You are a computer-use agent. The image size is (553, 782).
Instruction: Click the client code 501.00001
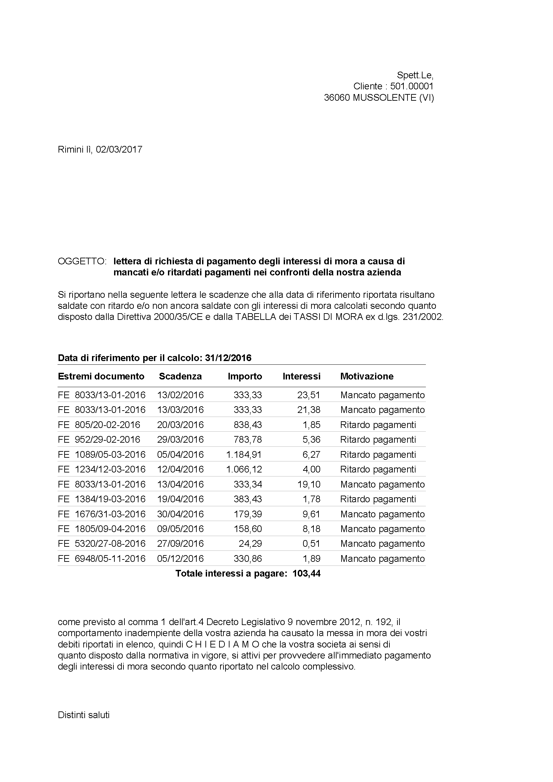[412, 86]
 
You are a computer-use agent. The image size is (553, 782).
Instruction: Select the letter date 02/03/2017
[119, 150]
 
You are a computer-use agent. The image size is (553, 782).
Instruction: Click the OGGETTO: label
[82, 261]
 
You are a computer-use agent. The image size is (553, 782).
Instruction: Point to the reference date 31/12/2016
[228, 358]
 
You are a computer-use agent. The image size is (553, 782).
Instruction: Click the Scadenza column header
[180, 376]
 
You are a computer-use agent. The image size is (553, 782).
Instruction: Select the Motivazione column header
[367, 376]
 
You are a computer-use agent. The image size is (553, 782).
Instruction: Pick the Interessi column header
[301, 376]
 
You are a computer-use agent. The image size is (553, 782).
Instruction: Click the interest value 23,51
[309, 395]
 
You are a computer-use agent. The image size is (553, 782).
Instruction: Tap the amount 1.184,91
[244, 455]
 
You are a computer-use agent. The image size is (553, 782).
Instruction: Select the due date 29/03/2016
[180, 440]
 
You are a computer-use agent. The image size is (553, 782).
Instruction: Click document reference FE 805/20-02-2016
[99, 425]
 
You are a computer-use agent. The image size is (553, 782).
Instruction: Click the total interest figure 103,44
[306, 574]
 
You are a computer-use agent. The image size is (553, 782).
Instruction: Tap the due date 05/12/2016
[180, 558]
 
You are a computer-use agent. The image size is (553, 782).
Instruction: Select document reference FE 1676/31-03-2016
[101, 514]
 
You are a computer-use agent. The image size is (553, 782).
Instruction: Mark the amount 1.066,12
[244, 469]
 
